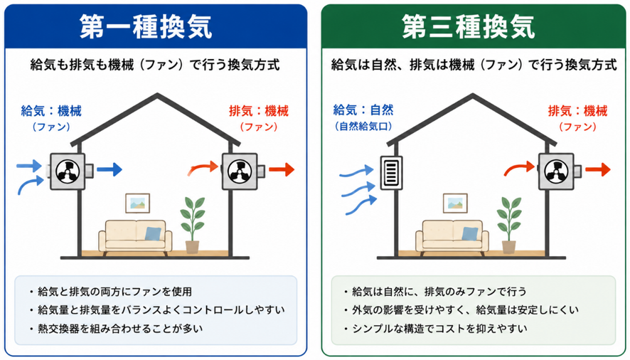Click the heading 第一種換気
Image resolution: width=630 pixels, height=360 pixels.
(146, 27)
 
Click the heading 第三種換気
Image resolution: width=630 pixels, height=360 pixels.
(468, 27)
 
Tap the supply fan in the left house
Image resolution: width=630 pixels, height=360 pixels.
(68, 171)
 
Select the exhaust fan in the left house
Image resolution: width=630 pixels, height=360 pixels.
(240, 171)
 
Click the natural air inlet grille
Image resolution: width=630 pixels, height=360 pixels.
(391, 173)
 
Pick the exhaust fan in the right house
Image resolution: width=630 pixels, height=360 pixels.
(556, 171)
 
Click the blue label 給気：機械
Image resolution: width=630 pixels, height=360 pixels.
(51, 110)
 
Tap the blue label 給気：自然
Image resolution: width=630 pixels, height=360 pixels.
(363, 110)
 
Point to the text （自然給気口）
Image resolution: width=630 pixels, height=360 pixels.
(363, 127)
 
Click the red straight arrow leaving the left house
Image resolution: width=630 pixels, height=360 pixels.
(282, 169)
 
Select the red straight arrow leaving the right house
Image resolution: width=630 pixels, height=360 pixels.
(597, 169)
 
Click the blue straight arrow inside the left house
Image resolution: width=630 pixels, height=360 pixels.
(110, 169)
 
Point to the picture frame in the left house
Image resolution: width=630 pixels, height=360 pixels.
(137, 203)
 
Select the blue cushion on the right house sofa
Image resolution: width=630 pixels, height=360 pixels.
(469, 233)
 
